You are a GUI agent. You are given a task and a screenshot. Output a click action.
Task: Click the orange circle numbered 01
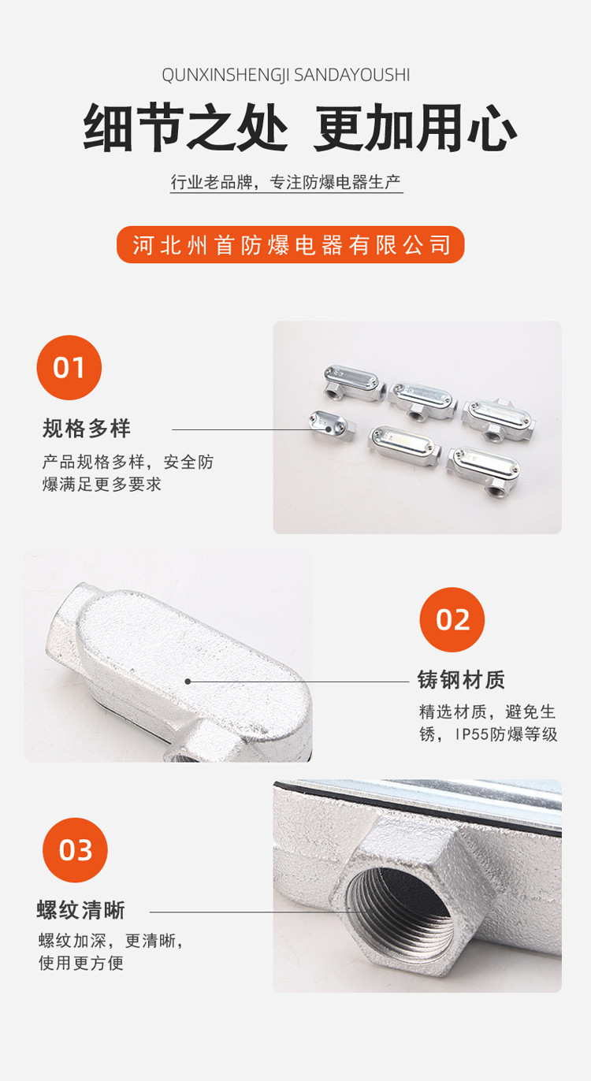point(69,367)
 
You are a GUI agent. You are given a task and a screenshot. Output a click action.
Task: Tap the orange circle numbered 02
point(452,619)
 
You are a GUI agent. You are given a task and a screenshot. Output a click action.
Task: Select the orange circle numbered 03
point(76,850)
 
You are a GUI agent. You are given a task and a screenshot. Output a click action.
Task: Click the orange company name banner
point(291,245)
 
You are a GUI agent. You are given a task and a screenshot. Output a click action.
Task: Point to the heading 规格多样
point(87,429)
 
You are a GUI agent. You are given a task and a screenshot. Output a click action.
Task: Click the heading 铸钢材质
point(462,679)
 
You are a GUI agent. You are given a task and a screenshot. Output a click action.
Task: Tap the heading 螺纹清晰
point(81,910)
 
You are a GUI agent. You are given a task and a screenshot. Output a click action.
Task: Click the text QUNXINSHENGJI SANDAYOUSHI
point(286,76)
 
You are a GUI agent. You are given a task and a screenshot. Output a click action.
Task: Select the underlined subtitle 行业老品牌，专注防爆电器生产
point(286,182)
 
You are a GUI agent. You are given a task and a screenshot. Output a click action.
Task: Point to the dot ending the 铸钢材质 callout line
point(188,682)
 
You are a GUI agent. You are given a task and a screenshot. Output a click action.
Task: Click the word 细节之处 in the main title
point(186,128)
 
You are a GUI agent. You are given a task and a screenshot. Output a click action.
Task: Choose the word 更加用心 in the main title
point(415,128)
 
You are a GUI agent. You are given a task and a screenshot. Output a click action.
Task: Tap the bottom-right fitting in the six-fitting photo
point(483,469)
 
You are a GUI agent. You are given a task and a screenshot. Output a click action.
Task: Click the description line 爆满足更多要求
point(102,484)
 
